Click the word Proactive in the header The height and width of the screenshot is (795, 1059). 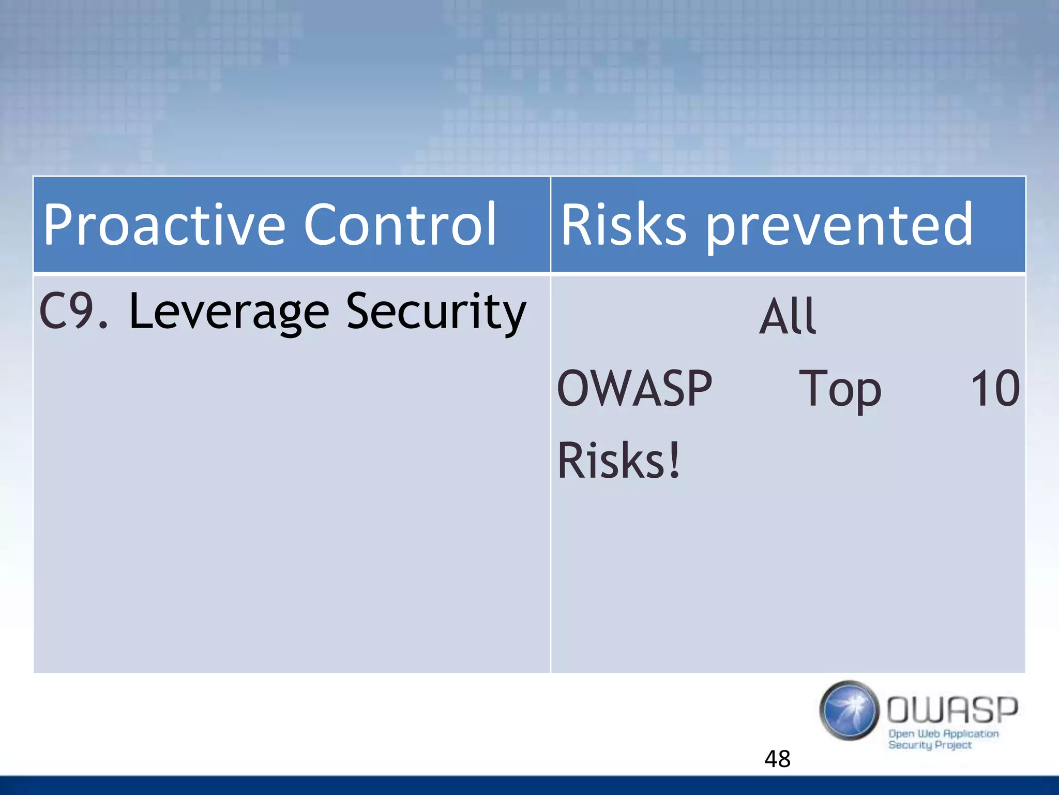164,225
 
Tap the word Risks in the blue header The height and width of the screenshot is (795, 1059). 623,225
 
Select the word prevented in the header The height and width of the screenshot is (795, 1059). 839,226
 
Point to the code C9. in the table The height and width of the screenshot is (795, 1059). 74,312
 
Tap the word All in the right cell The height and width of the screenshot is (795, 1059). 788,316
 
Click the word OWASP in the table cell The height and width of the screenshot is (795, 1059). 634,389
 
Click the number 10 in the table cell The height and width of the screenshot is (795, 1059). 995,389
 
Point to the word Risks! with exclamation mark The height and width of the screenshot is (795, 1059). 618,461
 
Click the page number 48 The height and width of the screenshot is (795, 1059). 777,759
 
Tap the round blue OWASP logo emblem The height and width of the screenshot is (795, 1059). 849,710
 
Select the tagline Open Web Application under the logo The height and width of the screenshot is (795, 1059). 943,733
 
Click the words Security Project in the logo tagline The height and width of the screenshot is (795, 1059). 930,745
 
